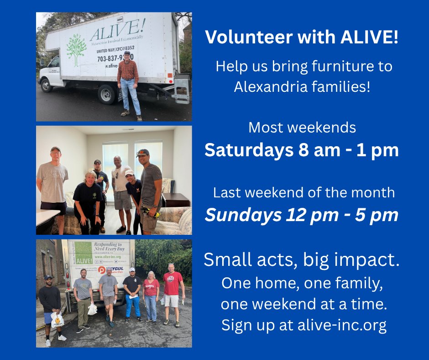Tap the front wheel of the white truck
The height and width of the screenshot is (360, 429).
coord(47,85)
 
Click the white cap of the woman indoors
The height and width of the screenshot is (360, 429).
coord(130,173)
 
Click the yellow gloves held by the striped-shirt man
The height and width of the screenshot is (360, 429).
coord(152,212)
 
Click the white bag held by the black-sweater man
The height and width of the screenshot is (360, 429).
coord(57,319)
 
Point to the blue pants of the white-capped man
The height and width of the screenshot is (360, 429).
coord(133,305)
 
